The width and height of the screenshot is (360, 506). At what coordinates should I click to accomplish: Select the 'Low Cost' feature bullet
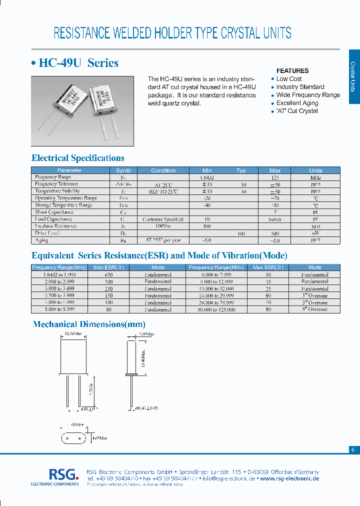coord(289,79)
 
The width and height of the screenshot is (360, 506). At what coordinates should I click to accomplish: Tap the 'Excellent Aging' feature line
coord(297,103)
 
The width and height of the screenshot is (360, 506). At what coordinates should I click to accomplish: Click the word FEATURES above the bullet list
coord(292,71)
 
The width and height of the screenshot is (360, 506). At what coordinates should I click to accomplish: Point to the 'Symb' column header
coord(123,170)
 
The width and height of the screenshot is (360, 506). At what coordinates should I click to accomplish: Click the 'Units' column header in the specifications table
coord(315,170)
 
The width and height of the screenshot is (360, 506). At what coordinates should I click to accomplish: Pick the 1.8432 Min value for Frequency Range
coord(207,177)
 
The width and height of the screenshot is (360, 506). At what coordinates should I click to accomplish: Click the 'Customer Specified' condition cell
coord(163,219)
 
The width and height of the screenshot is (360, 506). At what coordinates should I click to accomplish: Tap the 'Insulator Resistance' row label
coord(55,226)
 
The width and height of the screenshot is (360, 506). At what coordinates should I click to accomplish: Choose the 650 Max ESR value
coord(109,275)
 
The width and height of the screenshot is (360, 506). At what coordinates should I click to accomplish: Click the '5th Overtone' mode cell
coord(314,309)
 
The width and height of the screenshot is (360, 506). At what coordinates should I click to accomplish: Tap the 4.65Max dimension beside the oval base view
coord(99,438)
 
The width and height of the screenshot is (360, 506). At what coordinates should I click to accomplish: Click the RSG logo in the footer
coord(63,474)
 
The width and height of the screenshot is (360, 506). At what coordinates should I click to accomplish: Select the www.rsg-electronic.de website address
coord(289,478)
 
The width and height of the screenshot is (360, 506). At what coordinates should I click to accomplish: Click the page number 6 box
coord(353,449)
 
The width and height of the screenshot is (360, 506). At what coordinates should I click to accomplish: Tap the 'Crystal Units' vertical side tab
coord(353,76)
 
